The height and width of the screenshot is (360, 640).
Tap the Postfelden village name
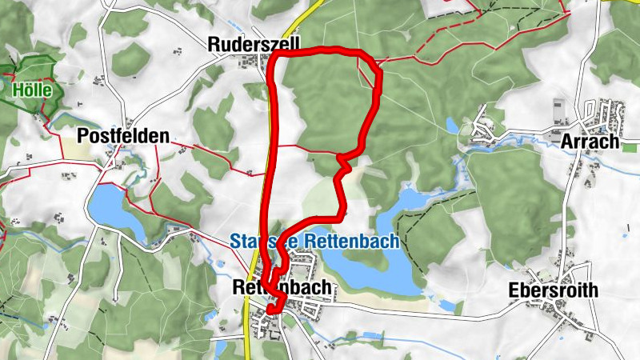(123, 136)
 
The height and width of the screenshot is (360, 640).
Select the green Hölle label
(32, 90)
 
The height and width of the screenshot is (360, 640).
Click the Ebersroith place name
(553, 290)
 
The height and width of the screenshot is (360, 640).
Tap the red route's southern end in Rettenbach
(272, 310)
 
